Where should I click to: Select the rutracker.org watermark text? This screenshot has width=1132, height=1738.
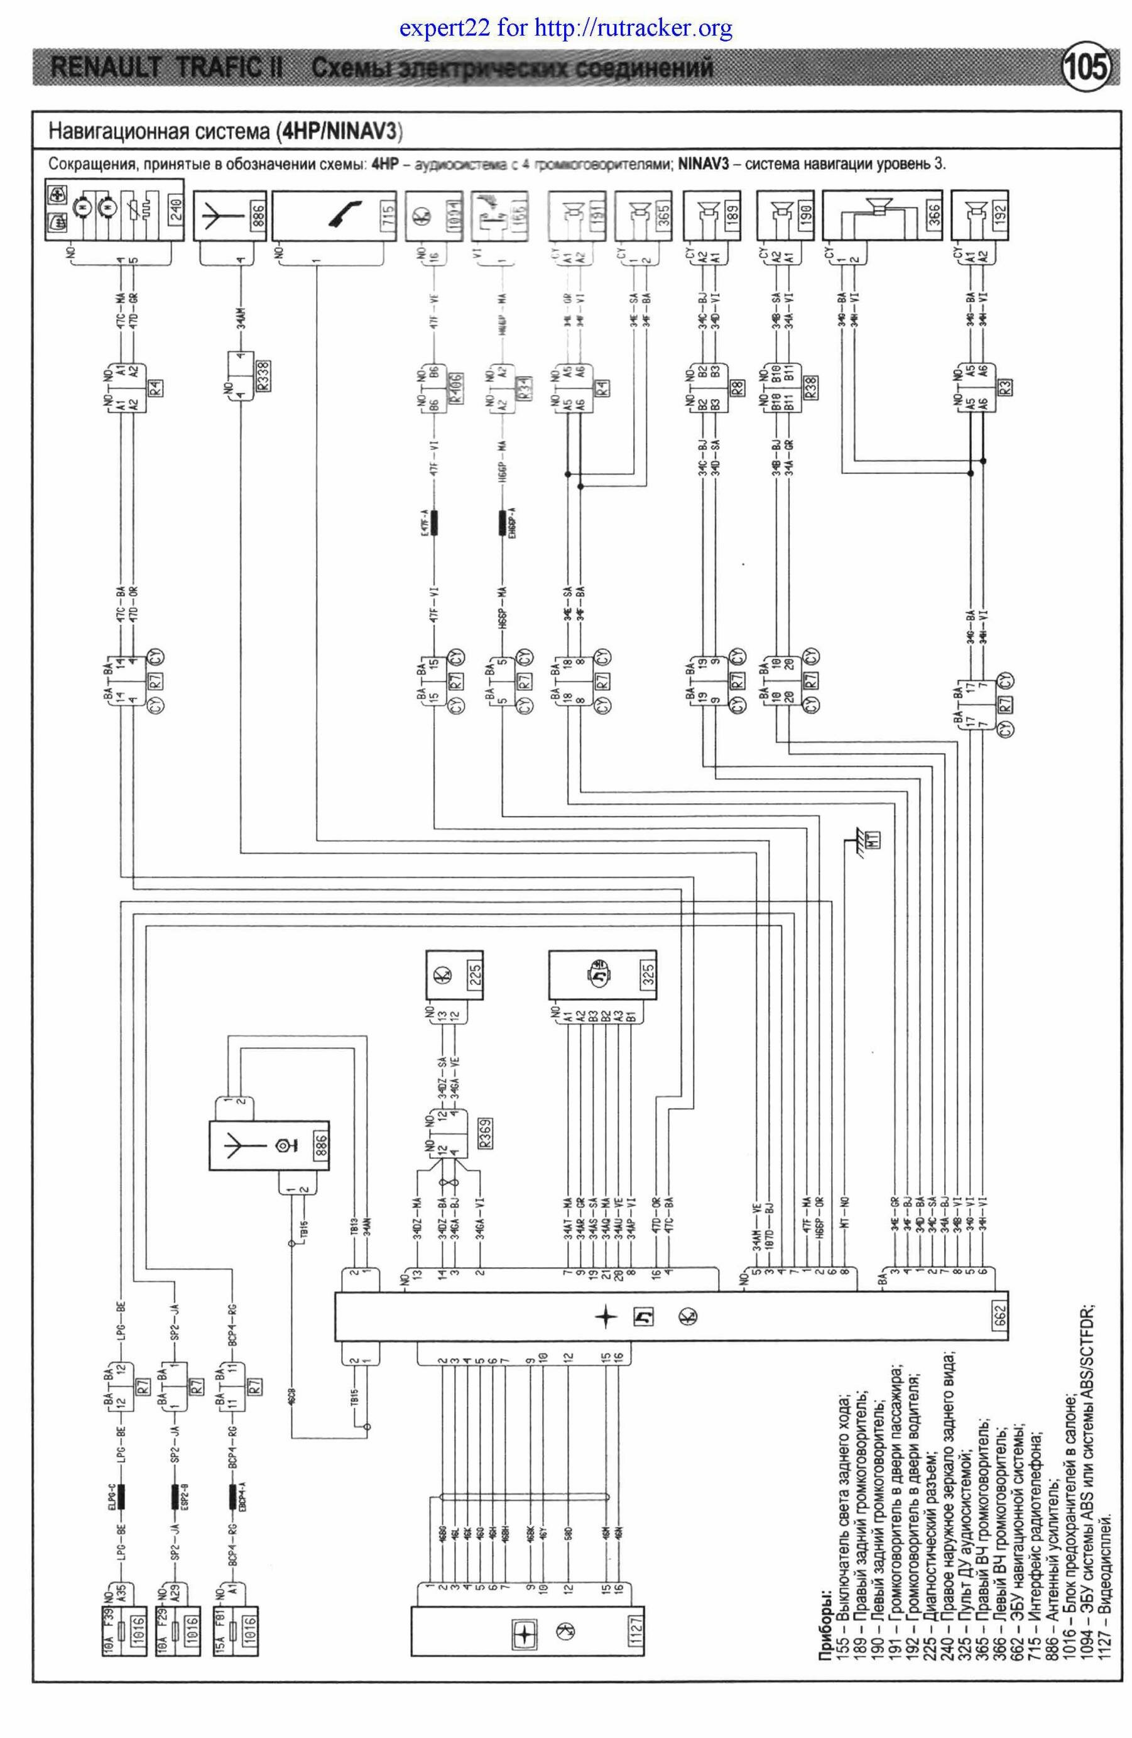pos(565,29)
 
